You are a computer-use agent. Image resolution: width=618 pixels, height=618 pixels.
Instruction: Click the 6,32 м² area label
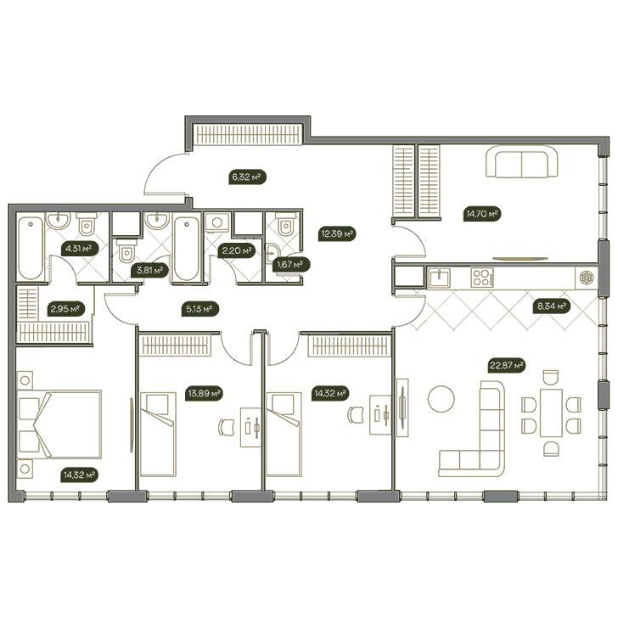247,177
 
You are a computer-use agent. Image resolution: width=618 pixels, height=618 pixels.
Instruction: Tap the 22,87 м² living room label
507,365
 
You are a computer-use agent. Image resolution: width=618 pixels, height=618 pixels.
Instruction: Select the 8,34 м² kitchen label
552,306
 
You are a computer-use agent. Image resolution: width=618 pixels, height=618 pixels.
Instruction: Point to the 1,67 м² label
291,265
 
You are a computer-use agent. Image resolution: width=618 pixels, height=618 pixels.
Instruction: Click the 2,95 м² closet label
66,309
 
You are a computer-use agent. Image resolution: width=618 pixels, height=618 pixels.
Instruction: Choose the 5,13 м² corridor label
200,309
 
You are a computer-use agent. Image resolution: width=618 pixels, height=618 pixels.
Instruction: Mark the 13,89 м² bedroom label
205,393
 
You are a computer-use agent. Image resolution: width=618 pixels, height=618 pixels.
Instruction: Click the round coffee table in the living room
441,399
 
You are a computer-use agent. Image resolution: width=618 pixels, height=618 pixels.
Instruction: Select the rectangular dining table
551,413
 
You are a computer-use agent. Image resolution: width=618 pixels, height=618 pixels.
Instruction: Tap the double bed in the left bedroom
59,424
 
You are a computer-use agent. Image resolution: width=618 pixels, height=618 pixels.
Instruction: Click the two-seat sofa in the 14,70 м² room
522,162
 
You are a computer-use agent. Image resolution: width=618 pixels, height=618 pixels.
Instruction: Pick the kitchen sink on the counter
440,278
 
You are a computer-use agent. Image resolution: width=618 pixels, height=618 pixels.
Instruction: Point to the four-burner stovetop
482,277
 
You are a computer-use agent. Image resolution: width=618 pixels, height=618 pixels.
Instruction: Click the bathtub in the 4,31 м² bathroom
31,248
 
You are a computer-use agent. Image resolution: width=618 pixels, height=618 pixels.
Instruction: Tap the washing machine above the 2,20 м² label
217,222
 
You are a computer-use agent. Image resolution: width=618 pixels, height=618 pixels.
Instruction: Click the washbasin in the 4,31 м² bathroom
59,221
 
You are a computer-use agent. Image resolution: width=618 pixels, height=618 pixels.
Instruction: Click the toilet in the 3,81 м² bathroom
126,252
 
